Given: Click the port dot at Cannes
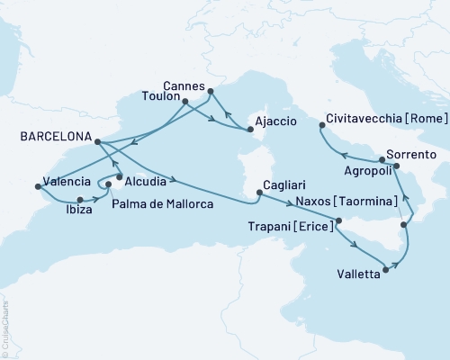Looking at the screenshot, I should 211,91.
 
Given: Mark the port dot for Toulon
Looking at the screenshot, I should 185,102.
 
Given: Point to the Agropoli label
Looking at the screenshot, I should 370,168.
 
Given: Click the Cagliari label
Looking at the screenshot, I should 283,190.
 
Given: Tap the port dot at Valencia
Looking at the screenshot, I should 38,186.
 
